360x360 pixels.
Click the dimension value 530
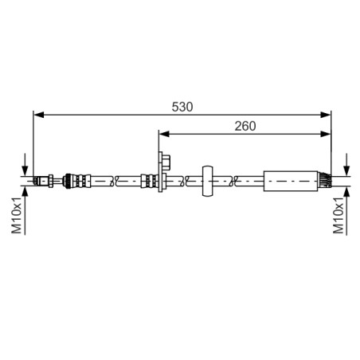(182, 107)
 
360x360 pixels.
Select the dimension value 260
(245, 126)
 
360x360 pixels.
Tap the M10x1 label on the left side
(17, 215)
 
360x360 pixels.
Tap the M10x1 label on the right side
(338, 215)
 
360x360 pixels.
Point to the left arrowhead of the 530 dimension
(39, 115)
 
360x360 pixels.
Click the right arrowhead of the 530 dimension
(326, 115)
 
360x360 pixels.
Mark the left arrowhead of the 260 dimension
(164, 134)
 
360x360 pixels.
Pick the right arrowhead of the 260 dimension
(326, 134)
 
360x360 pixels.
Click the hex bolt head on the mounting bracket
(166, 162)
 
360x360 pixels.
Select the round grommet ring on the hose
(207, 181)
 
